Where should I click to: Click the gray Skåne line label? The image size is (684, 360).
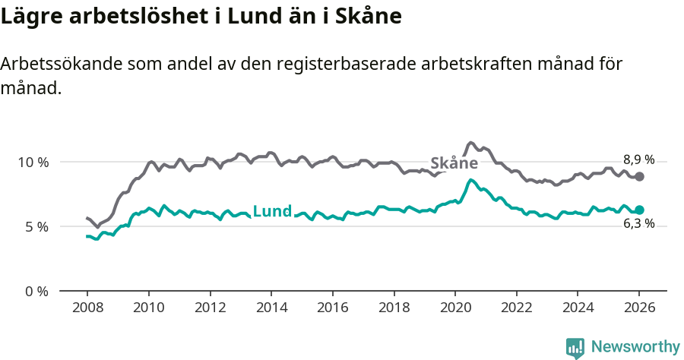click(454, 163)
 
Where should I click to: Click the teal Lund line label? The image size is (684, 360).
click(272, 211)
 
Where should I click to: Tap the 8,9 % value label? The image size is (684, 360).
click(638, 159)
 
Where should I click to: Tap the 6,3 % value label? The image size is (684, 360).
click(638, 223)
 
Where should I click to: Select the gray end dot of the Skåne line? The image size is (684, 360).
click(640, 176)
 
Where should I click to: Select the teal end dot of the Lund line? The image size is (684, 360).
click(640, 210)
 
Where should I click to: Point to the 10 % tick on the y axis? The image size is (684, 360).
click(33, 162)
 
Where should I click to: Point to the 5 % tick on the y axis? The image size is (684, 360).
click(36, 226)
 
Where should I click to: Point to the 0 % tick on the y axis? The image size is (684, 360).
click(36, 291)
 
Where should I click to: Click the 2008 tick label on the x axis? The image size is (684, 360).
click(87, 308)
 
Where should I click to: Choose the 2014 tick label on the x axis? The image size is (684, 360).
click(271, 308)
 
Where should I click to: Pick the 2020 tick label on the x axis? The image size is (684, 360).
click(454, 308)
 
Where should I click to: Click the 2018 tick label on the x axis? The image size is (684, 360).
click(394, 308)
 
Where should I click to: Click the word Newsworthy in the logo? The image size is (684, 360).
click(635, 347)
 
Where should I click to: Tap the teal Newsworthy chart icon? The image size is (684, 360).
click(575, 348)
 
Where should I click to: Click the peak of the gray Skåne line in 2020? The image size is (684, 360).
click(471, 142)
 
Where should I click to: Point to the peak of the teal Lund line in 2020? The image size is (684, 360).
click(471, 180)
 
